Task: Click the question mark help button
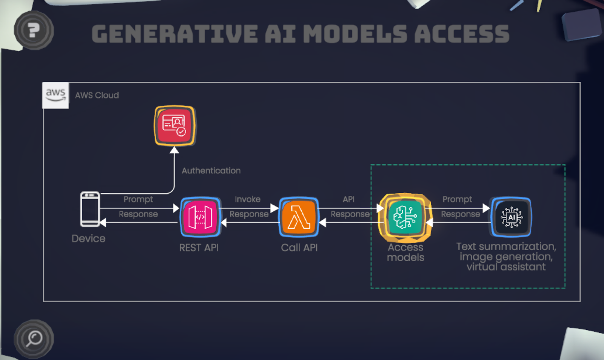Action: click(34, 30)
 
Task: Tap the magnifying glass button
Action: click(34, 338)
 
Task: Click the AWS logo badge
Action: click(55, 95)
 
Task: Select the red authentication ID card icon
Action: click(174, 126)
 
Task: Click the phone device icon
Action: click(90, 209)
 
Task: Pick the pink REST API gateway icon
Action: click(200, 217)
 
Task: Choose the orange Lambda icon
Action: click(299, 217)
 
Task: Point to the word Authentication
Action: click(211, 171)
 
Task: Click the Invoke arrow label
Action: click(248, 199)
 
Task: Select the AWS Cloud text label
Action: click(97, 95)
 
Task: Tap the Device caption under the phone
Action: click(88, 238)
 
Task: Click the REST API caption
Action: click(199, 248)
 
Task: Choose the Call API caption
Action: click(299, 248)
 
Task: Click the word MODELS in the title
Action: click(355, 34)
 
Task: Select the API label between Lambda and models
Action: click(348, 199)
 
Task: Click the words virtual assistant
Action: click(506, 267)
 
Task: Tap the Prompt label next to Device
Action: click(138, 199)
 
